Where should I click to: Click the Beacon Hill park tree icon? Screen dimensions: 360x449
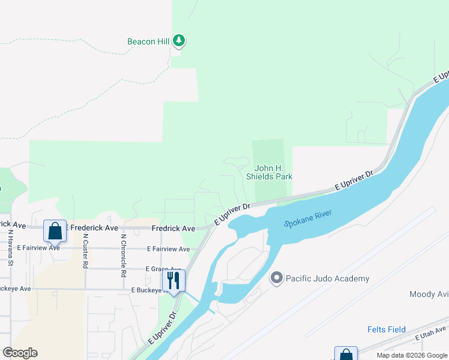(179, 41)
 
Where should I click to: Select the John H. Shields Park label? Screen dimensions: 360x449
(269, 173)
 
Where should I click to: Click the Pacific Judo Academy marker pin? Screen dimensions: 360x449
(277, 278)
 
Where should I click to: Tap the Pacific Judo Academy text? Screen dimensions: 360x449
(327, 278)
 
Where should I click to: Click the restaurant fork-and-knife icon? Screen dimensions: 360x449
(173, 280)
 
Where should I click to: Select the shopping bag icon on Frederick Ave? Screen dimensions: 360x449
(55, 230)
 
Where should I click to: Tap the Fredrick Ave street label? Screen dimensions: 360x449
(173, 229)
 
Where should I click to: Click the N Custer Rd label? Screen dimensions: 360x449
(86, 252)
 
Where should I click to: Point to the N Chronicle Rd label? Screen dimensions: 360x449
(123, 254)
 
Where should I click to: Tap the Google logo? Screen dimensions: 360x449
(20, 353)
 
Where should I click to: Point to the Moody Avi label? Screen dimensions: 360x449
(429, 294)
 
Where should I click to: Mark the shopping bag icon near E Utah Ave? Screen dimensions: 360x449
(346, 354)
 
